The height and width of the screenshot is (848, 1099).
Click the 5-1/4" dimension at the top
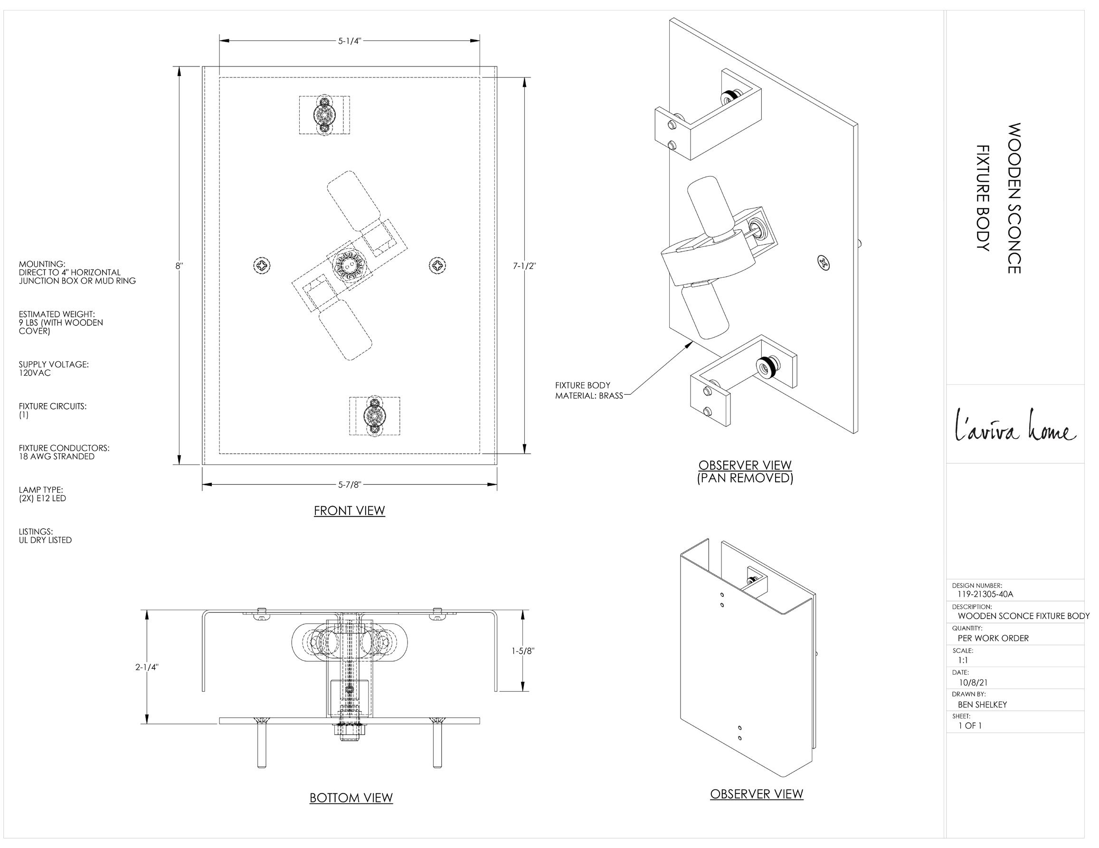(x=349, y=41)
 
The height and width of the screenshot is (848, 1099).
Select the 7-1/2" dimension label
(x=524, y=265)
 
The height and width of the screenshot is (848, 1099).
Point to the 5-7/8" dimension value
(x=349, y=484)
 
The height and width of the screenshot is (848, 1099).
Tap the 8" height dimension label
(x=179, y=265)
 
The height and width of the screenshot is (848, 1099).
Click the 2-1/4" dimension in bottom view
(x=147, y=667)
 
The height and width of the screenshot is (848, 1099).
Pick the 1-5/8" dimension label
(x=523, y=650)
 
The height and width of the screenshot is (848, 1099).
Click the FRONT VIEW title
(x=349, y=510)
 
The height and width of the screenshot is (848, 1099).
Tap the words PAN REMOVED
(x=745, y=478)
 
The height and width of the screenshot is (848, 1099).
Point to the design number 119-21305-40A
(x=985, y=594)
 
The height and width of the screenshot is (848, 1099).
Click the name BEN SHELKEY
(x=982, y=705)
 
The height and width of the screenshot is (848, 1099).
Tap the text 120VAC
(x=35, y=373)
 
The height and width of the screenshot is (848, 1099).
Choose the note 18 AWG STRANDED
(x=57, y=457)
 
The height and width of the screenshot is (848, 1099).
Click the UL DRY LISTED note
(x=45, y=540)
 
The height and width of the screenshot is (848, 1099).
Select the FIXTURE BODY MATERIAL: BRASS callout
(x=589, y=390)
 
